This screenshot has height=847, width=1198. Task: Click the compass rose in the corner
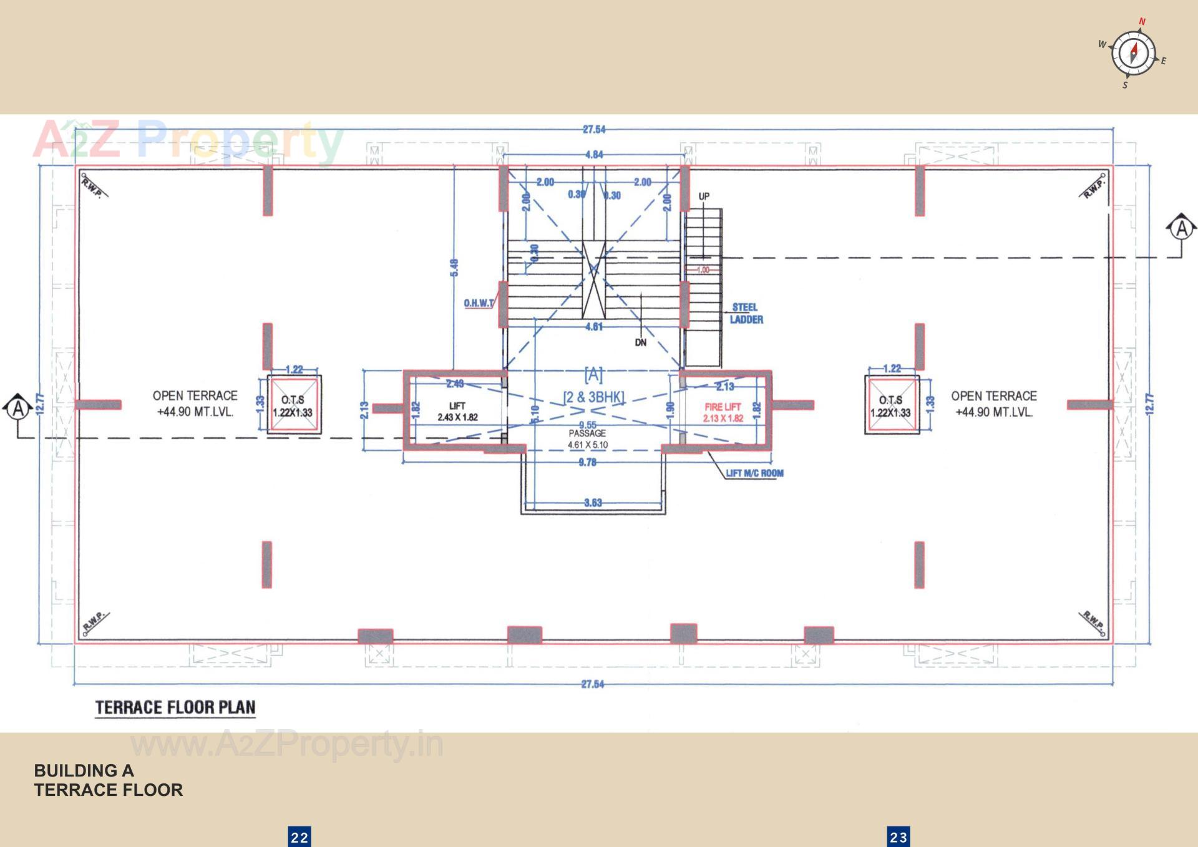1133,53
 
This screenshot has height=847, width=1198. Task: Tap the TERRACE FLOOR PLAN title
175,707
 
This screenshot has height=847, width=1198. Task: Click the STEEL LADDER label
746,313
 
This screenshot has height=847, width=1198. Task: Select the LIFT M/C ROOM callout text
754,473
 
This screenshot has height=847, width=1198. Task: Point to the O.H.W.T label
479,303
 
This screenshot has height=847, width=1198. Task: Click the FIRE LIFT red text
723,412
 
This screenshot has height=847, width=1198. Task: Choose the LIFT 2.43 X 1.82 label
457,412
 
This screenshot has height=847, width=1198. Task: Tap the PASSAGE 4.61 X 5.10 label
587,438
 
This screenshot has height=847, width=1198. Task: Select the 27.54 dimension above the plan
594,130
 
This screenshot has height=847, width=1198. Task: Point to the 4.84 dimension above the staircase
594,155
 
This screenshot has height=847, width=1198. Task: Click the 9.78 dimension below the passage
587,462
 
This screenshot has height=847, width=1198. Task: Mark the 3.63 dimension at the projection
593,503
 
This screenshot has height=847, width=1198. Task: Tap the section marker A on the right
1181,229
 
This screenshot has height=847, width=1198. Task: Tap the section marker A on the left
19,409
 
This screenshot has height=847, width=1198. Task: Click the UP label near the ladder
704,196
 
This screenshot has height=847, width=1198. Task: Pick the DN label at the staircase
641,342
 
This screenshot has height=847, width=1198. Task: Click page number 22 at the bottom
299,837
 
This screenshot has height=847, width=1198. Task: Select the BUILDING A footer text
84,771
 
